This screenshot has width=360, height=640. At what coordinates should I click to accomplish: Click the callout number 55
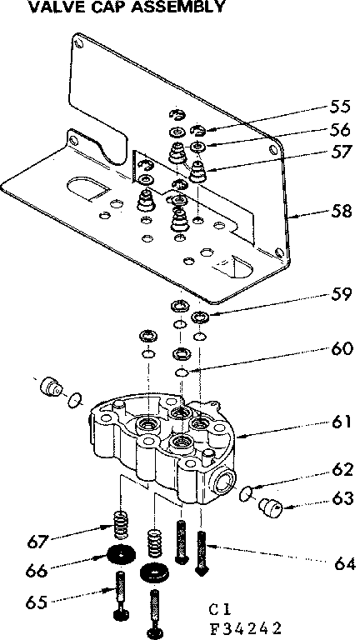coord(339,107)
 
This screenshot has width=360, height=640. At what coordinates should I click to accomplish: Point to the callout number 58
coord(339,212)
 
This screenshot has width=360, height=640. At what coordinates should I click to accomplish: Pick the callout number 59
coord(339,294)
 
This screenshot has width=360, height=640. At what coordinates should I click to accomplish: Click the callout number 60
coord(339,350)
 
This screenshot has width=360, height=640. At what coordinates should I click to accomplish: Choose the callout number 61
coord(338,422)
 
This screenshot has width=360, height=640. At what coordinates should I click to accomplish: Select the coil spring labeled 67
coord(122,527)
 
